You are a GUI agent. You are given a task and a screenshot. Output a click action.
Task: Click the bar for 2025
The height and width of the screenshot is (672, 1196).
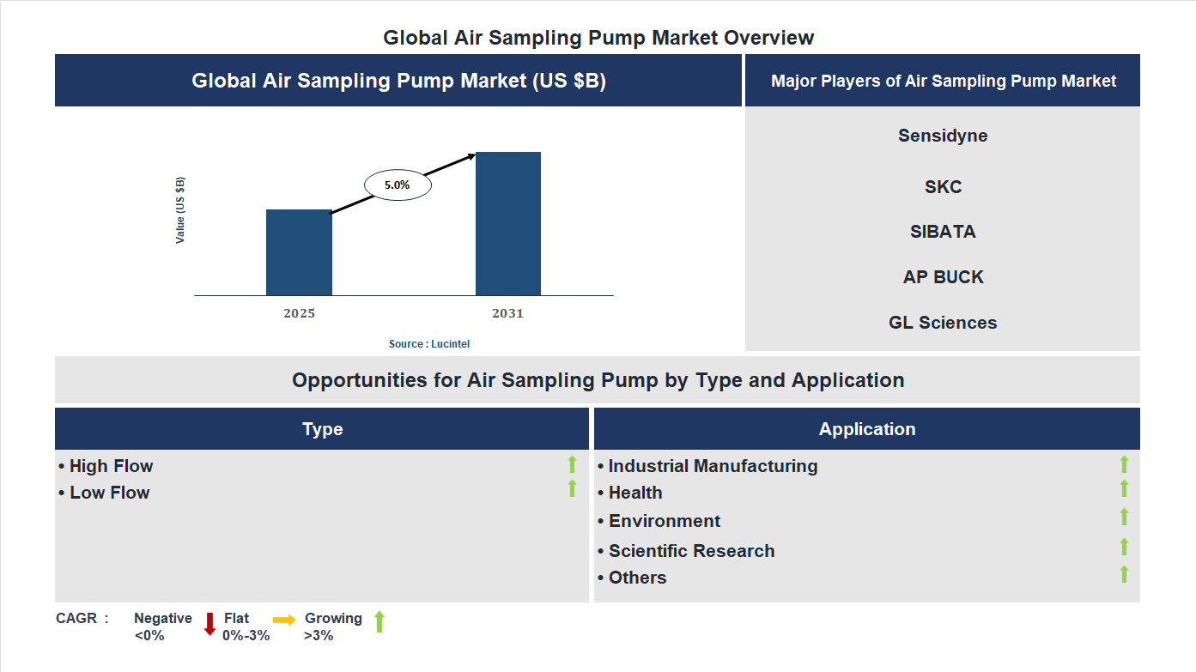(299, 252)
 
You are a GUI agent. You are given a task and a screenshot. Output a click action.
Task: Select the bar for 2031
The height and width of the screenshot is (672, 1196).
(508, 224)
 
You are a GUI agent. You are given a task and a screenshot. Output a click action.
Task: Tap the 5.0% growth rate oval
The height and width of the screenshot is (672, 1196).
(398, 185)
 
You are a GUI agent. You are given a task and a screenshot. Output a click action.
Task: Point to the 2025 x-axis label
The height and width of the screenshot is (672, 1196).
(299, 313)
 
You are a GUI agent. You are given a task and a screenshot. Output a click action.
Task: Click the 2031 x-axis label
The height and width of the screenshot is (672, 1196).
(507, 313)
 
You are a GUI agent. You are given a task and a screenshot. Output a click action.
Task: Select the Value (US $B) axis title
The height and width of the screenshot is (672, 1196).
(180, 210)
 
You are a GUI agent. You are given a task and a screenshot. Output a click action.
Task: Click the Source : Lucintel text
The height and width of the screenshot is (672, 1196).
(429, 343)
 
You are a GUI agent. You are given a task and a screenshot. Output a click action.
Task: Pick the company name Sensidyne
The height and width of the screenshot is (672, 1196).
(943, 136)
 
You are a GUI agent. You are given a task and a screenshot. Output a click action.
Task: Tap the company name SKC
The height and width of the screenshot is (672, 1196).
(943, 187)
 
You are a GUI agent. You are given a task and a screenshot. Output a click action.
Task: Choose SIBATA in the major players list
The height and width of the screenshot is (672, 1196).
(943, 232)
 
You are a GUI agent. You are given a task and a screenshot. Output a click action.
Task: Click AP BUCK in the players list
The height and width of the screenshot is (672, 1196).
(943, 277)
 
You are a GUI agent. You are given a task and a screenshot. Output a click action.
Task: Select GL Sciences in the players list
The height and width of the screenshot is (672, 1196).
(943, 323)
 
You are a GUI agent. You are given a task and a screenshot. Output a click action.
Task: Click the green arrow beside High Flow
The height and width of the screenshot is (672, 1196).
(572, 464)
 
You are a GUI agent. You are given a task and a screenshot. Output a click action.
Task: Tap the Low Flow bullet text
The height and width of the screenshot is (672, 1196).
(109, 493)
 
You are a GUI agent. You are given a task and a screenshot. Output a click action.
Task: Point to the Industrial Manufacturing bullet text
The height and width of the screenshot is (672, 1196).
(712, 466)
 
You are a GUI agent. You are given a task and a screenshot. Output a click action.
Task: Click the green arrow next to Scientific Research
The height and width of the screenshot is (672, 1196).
(1124, 547)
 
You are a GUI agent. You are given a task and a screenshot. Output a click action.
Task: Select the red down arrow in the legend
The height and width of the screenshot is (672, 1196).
(209, 624)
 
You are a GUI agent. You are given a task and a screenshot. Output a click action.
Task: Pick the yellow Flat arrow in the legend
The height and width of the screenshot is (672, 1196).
(284, 620)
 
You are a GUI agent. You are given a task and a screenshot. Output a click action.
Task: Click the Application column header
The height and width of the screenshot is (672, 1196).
(866, 429)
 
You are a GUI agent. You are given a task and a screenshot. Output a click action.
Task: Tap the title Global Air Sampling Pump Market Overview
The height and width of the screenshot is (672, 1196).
(598, 38)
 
